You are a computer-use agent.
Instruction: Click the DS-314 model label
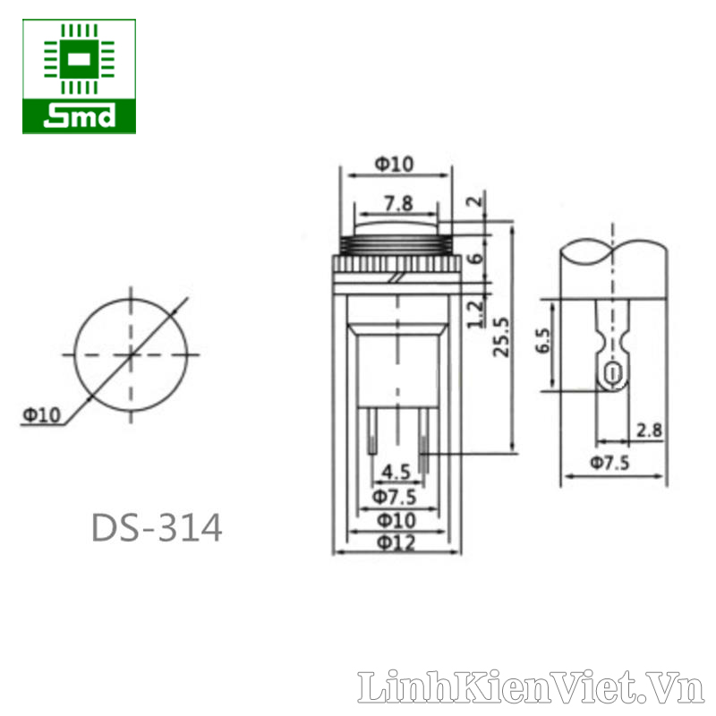pyautogui.click(x=157, y=528)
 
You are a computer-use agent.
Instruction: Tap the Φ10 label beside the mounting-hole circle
pyautogui.click(x=41, y=415)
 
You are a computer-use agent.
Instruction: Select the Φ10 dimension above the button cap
pyautogui.click(x=395, y=164)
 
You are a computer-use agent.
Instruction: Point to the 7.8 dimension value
pyautogui.click(x=398, y=203)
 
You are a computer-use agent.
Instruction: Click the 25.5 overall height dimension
pyautogui.click(x=501, y=337)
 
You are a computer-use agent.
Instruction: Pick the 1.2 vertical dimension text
pyautogui.click(x=475, y=314)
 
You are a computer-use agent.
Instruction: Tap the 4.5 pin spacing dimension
pyautogui.click(x=396, y=472)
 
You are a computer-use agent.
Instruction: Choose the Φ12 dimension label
pyautogui.click(x=396, y=543)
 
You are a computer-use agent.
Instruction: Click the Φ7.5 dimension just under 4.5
pyautogui.click(x=395, y=497)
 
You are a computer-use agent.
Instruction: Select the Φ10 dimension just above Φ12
pyautogui.click(x=396, y=520)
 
